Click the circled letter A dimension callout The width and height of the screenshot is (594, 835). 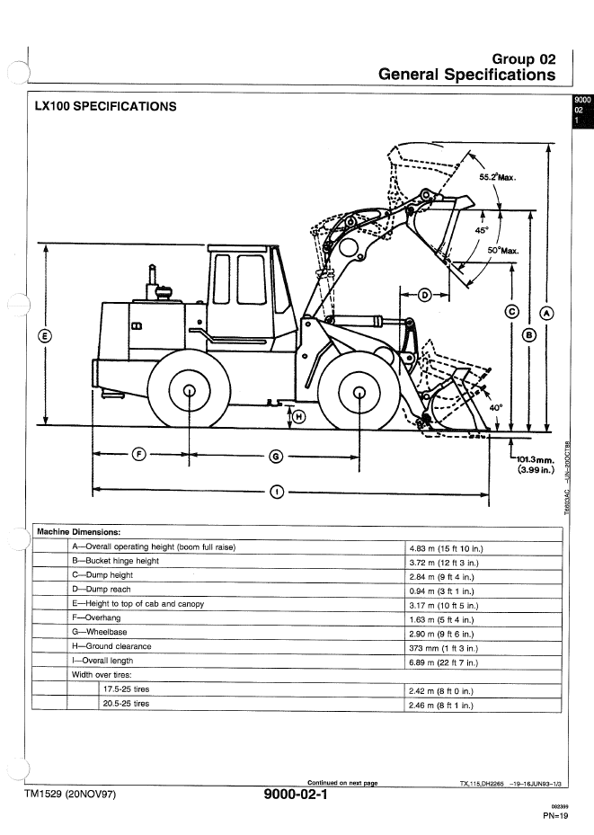pyautogui.click(x=546, y=313)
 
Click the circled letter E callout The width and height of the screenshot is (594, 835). pyautogui.click(x=44, y=337)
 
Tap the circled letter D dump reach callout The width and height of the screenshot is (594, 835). pyautogui.click(x=425, y=293)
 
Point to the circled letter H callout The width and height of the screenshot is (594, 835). pyautogui.click(x=299, y=416)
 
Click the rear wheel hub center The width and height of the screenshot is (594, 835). pyautogui.click(x=190, y=391)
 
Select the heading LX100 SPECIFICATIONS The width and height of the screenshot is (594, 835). pyautogui.click(x=105, y=107)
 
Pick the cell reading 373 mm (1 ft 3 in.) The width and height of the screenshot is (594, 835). pyautogui.click(x=443, y=647)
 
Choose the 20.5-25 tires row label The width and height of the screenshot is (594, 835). pyautogui.click(x=126, y=704)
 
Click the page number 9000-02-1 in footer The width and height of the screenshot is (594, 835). pyautogui.click(x=297, y=795)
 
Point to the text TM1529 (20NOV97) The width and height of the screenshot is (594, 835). pyautogui.click(x=69, y=795)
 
